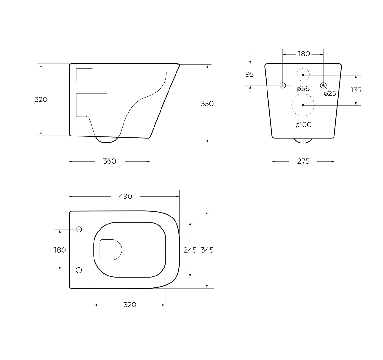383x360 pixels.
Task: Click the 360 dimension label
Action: click(109, 161)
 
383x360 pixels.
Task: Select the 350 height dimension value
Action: click(207, 104)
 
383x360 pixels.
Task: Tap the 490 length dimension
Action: click(125, 196)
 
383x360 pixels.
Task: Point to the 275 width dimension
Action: click(303, 161)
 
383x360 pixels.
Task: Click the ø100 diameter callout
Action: click(303, 125)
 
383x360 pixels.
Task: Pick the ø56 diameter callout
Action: click(303, 89)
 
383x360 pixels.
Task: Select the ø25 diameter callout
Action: click(330, 94)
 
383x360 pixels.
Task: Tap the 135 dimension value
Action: click(356, 90)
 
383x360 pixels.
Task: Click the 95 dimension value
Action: click(250, 74)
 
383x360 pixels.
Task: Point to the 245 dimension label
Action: click(190, 250)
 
